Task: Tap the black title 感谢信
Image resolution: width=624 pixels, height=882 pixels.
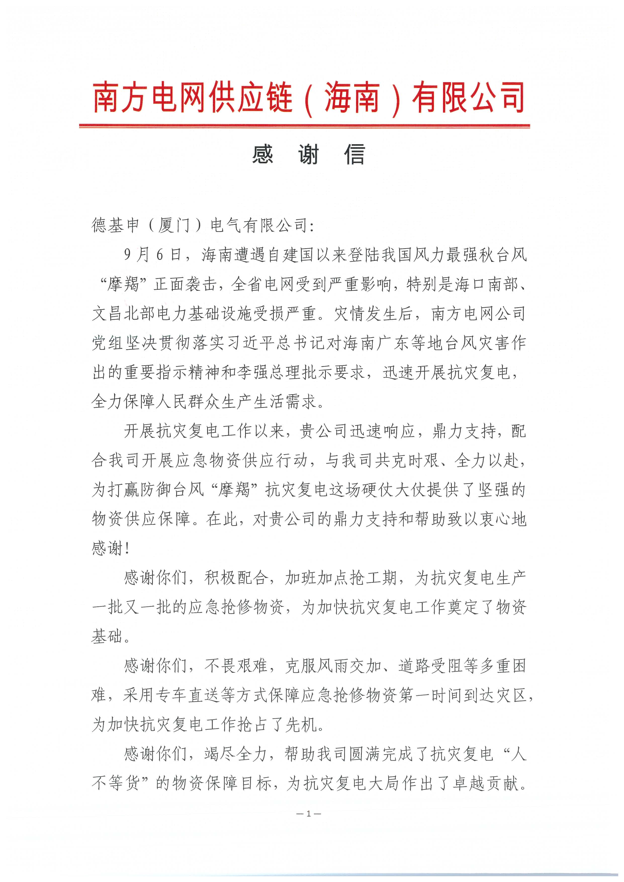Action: coord(308,155)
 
